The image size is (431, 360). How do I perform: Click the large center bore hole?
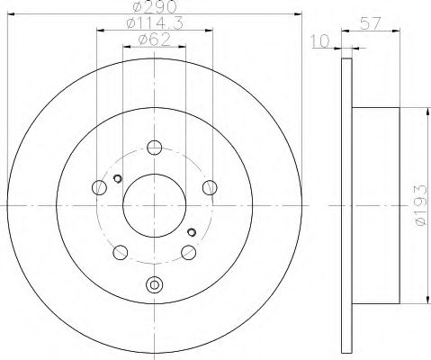[154, 204]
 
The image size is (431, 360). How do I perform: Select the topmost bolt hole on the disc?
[155, 148]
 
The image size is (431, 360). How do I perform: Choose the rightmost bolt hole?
[211, 187]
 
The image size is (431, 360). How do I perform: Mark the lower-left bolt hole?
[120, 252]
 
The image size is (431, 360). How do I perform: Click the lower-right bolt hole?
[189, 252]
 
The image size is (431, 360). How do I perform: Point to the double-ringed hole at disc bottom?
[155, 285]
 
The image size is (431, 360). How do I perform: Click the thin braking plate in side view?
[346, 207]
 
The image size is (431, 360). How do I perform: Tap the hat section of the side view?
[373, 207]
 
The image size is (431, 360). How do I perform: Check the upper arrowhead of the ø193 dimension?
[422, 111]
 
